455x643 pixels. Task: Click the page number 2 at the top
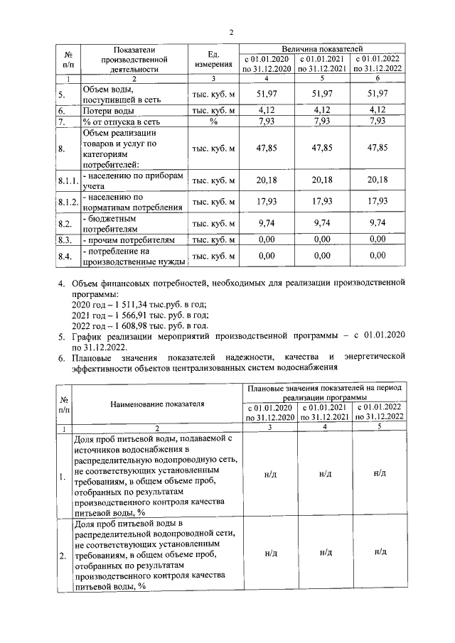pos(231,31)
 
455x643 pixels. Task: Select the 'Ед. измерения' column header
pos(213,59)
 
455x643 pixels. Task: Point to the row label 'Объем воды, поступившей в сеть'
pos(121,94)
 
